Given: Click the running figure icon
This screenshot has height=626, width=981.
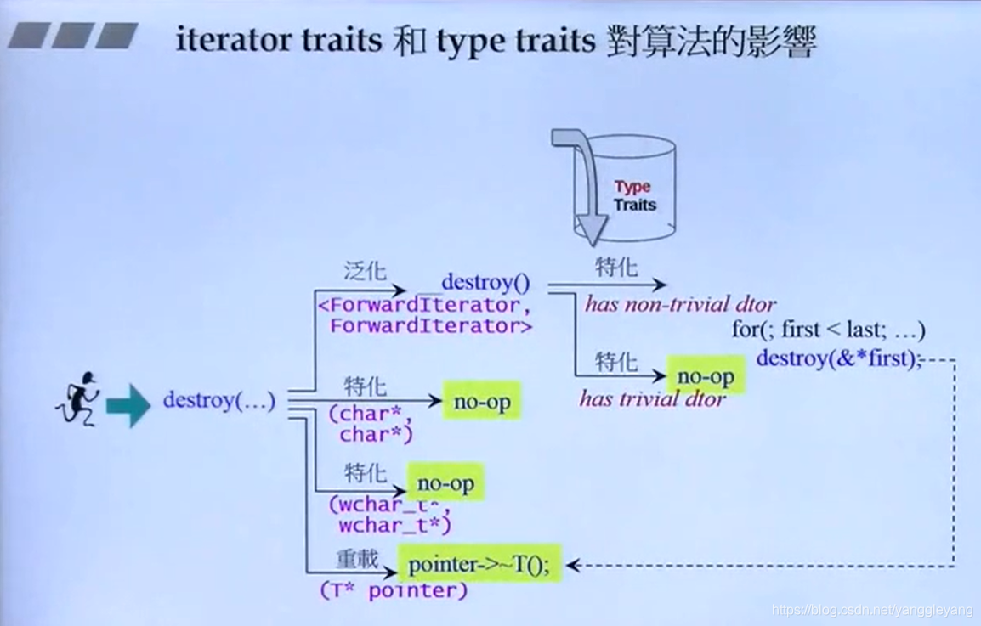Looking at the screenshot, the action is click(77, 399).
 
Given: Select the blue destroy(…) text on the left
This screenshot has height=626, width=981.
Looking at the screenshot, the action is click(219, 400).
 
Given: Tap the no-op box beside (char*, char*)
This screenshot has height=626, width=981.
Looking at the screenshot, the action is click(481, 403).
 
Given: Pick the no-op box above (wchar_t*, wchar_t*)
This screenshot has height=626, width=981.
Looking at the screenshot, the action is click(445, 484).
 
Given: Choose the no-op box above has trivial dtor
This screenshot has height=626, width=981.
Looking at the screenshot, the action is click(706, 375).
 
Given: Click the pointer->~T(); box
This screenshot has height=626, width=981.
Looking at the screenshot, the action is click(480, 564).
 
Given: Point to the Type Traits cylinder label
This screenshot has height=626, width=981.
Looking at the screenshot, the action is click(633, 195).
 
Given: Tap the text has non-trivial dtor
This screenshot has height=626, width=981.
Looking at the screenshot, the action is click(680, 304).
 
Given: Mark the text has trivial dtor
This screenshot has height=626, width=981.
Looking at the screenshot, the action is click(652, 399).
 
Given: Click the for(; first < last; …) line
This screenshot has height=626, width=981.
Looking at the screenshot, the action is click(828, 330).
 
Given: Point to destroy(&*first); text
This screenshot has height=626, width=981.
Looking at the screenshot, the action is click(838, 358).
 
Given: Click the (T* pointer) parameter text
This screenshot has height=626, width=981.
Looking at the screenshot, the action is click(394, 590).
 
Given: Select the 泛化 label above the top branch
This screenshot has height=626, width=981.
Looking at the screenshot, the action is click(365, 272).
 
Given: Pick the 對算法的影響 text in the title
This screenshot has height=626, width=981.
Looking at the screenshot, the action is click(712, 41).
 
